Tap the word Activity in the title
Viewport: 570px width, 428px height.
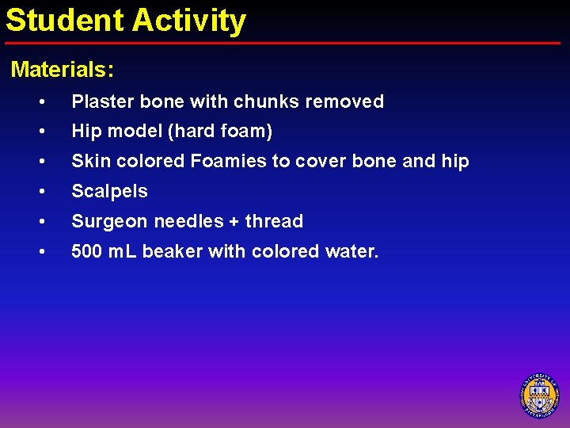click(189, 21)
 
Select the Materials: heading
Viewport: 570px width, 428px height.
click(63, 70)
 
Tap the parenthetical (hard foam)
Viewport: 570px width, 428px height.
click(219, 132)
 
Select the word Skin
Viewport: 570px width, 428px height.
click(89, 161)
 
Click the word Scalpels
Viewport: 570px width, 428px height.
click(109, 191)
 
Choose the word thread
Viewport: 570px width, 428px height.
click(274, 221)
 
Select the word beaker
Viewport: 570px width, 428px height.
click(169, 252)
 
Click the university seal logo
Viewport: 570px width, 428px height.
click(539, 394)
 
